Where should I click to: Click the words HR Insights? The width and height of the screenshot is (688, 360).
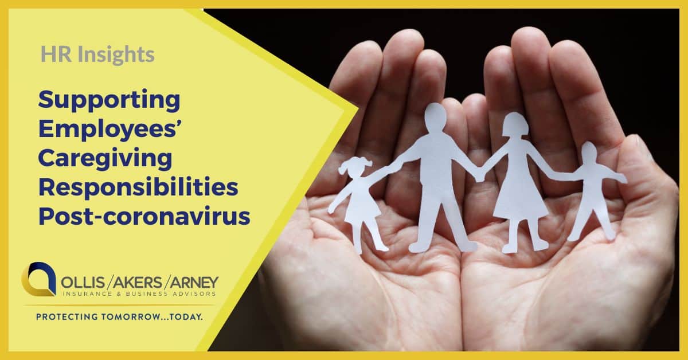coord(97,54)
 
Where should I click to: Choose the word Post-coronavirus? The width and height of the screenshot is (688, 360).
coord(144,216)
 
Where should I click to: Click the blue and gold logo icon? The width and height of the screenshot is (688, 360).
coord(38,279)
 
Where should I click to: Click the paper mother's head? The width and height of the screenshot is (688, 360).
coord(515,125)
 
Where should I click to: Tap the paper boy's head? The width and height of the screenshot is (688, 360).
coord(589,152)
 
